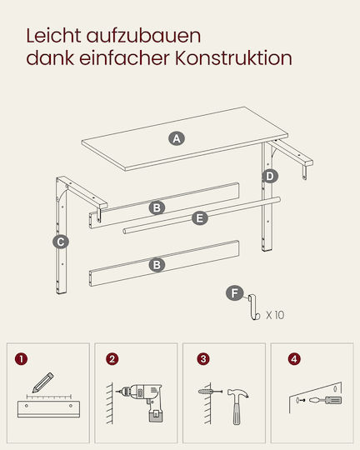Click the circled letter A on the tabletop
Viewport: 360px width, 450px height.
coord(177,138)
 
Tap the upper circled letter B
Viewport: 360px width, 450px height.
coord(157,207)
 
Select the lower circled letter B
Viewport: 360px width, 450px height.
coord(157,265)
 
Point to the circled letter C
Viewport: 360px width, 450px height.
coord(61,242)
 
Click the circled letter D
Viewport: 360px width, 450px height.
coord(270,176)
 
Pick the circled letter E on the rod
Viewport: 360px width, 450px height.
coord(199,218)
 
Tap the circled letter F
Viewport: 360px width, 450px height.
coord(234,293)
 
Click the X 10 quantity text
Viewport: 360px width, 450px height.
coord(275,315)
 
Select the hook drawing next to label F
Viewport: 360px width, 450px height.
coord(254,307)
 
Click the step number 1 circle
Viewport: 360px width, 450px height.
coord(21,359)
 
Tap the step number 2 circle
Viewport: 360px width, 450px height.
coord(112,359)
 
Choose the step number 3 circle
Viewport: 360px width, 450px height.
coord(203,359)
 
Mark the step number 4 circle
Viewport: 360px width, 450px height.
coord(294,359)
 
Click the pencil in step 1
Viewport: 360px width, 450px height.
coord(42,382)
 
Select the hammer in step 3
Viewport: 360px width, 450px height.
coord(237,406)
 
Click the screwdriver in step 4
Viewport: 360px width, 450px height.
coord(326,400)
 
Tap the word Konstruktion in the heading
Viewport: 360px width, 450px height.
coord(233,58)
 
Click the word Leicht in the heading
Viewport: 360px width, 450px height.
coord(53,36)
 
